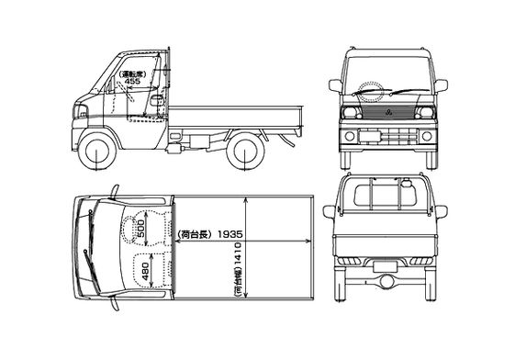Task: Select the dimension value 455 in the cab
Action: pyautogui.click(x=133, y=81)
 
